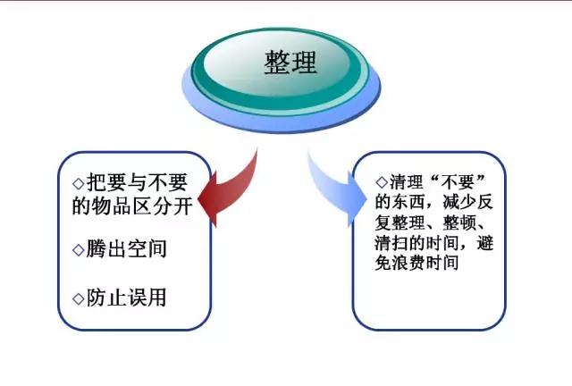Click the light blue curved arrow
tap(335, 189)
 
